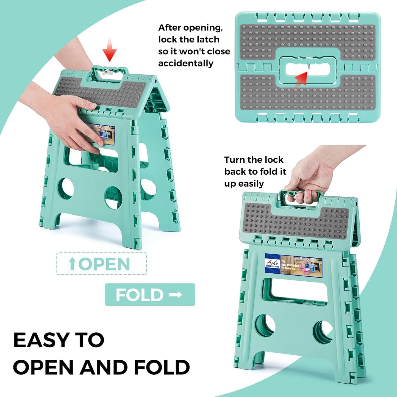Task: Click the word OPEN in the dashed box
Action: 104,264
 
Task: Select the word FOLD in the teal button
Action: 140,295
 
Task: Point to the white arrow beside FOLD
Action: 176,295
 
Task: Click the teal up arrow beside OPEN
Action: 72,264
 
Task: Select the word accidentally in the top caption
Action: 186,63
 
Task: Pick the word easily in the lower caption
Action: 251,184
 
